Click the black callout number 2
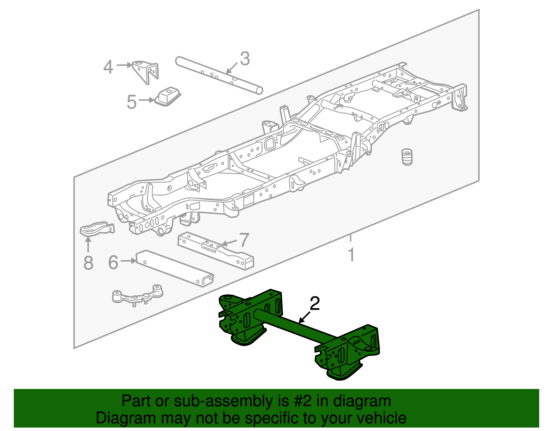click(x=315, y=304)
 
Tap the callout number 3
click(x=245, y=59)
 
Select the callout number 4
click(x=108, y=67)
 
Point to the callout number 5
click(x=131, y=102)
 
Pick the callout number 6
click(x=113, y=263)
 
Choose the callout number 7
click(x=244, y=240)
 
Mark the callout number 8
click(x=88, y=263)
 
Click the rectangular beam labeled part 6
click(x=175, y=268)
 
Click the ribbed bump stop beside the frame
click(x=407, y=157)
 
